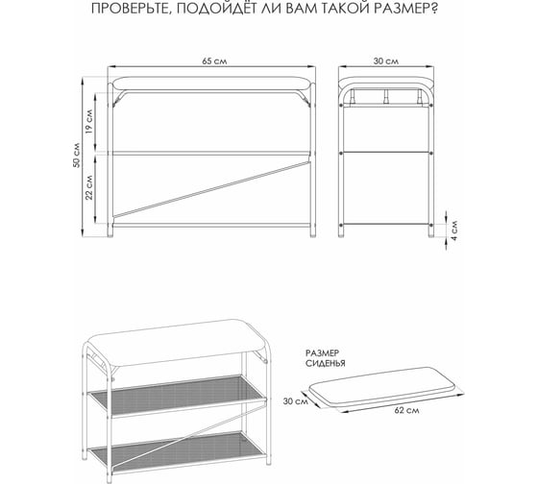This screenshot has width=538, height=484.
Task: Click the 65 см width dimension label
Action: [214, 61]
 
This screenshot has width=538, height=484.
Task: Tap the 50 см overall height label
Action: [77, 155]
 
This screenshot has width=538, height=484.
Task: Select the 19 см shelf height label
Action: [88, 121]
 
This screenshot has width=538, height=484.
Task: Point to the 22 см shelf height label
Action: [88, 187]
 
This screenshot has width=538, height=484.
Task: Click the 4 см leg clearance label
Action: [454, 230]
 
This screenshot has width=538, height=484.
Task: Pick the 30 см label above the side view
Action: [386, 61]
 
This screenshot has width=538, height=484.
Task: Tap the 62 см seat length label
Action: [406, 410]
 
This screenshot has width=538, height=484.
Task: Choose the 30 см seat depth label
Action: [296, 400]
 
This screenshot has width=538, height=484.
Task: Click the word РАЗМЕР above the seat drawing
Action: [322, 353]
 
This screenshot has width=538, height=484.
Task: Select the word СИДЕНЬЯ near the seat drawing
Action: [326, 364]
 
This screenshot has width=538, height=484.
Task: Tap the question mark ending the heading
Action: [434, 8]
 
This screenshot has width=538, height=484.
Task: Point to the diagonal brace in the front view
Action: [211, 187]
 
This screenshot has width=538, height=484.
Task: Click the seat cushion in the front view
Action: [211, 84]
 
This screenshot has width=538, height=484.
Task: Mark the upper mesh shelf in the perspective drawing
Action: [177, 396]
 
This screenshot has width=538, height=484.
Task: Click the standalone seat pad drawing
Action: [382, 384]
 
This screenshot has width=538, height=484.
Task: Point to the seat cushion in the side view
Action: [386, 83]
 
